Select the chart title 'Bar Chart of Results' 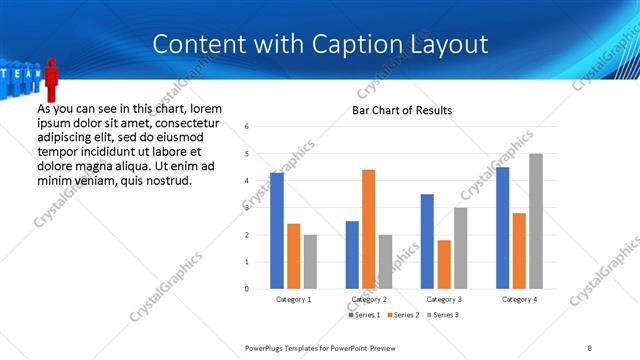(402, 110)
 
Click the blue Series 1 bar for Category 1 (277, 230)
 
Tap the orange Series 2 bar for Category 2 (368, 229)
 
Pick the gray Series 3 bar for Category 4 (536, 221)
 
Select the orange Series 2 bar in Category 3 (444, 264)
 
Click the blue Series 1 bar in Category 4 (502, 227)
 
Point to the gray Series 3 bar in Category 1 (310, 261)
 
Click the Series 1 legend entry (364, 315)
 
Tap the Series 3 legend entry (444, 315)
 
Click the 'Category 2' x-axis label (369, 299)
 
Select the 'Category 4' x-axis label (519, 299)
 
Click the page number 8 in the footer (590, 347)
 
